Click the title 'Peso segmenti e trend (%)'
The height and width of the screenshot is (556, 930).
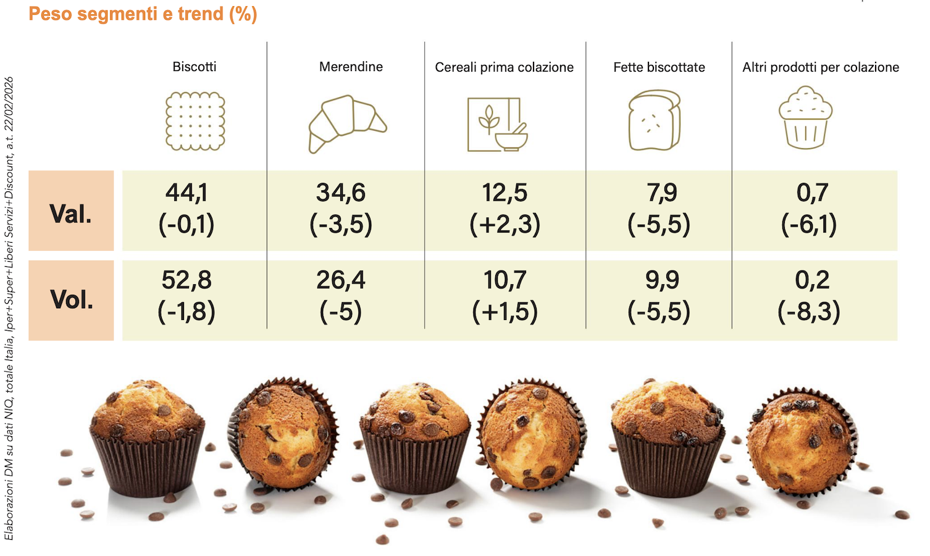tap(143, 14)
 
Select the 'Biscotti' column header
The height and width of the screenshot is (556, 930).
tap(195, 67)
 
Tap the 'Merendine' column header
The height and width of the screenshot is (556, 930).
tap(351, 67)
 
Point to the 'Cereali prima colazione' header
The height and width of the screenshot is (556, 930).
tap(504, 67)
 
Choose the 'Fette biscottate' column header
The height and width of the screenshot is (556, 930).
tap(659, 67)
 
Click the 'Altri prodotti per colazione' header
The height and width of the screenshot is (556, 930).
tap(820, 67)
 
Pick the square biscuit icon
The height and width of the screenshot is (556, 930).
tap(195, 121)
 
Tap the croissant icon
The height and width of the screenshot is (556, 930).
tap(347, 123)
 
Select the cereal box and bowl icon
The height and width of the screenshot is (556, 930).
tap(497, 124)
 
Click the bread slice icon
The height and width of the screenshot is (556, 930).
tap(655, 120)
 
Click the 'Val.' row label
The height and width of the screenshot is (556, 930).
tap(71, 214)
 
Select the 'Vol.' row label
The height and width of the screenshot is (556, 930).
tap(72, 300)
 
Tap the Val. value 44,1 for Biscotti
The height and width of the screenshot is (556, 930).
tap(186, 193)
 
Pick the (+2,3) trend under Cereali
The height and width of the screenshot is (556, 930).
tap(505, 224)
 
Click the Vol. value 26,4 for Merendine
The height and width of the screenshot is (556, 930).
tap(341, 280)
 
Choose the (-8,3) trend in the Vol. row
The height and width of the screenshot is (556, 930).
tap(809, 311)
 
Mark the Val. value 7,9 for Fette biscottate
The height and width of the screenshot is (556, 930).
tap(661, 193)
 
